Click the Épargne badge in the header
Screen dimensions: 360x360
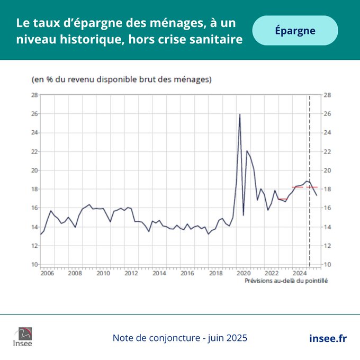point(295,30)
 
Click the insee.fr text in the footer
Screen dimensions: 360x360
point(328,338)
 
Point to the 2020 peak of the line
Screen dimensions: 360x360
point(240,114)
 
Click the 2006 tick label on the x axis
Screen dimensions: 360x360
point(47,274)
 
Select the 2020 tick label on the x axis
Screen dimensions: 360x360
point(244,274)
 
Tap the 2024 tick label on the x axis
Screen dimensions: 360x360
point(300,274)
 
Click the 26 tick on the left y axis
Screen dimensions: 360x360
point(34,114)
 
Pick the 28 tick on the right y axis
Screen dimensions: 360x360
point(327,95)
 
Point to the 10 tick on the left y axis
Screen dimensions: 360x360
point(34,265)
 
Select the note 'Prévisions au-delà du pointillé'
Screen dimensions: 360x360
point(286,281)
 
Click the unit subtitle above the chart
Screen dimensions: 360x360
point(121,80)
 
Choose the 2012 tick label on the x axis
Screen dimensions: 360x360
point(131,274)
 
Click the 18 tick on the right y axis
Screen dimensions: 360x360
point(327,189)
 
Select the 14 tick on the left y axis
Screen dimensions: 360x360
point(34,227)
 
